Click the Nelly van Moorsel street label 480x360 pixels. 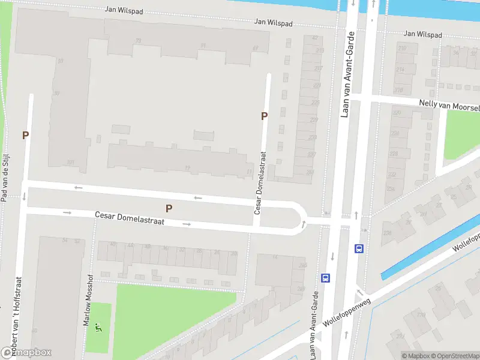click(449, 105)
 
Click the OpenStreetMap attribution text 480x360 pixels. click(455, 356)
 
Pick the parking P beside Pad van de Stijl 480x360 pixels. click(25, 136)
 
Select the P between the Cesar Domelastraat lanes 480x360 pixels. click(169, 209)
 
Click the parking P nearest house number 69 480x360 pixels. click(264, 116)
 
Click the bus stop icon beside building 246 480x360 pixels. click(326, 278)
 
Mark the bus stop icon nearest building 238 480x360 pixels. click(359, 248)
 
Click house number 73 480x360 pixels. click(139, 41)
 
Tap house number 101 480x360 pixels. click(70, 163)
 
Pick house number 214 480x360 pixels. click(400, 70)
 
